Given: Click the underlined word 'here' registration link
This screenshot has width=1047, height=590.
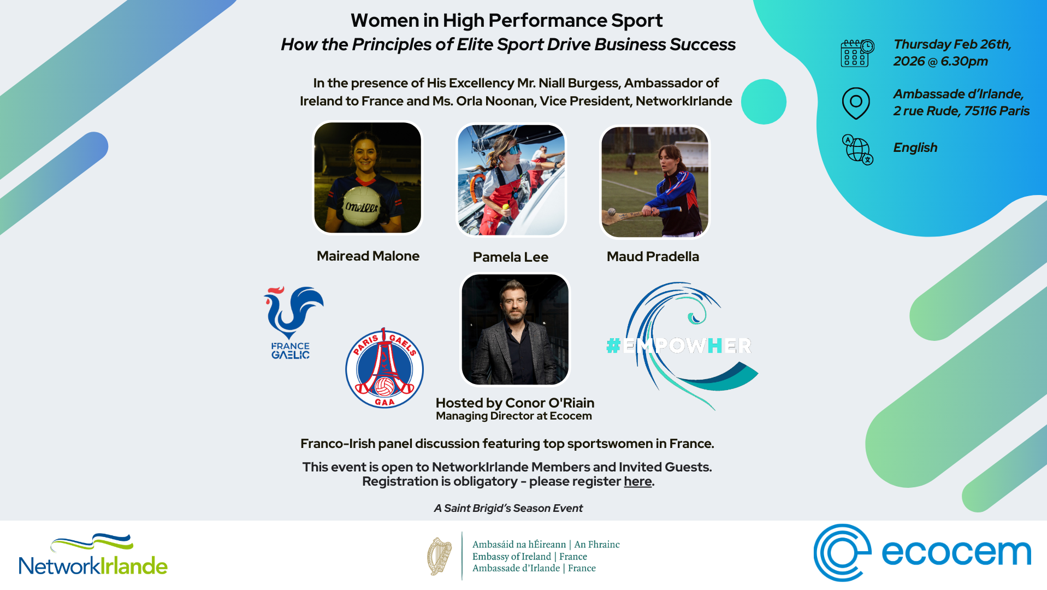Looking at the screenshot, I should pyautogui.click(x=637, y=481).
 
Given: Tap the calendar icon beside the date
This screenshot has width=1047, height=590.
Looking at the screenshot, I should pyautogui.click(x=856, y=53).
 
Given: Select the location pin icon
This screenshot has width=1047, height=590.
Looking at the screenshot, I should pyautogui.click(x=855, y=103).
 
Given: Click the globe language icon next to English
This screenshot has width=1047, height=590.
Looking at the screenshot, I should pyautogui.click(x=857, y=149).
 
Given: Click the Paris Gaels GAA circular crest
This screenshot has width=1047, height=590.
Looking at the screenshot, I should pyautogui.click(x=385, y=368).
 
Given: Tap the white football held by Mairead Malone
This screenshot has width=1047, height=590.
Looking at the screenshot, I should pyautogui.click(x=361, y=206).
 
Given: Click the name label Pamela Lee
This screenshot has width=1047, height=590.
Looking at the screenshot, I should pyautogui.click(x=510, y=257).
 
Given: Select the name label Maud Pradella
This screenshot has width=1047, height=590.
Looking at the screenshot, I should pyautogui.click(x=653, y=256).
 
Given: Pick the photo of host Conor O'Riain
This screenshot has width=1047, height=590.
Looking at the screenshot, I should pyautogui.click(x=514, y=329).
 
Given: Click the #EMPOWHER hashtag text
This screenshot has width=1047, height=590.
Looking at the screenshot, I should pyautogui.click(x=679, y=345).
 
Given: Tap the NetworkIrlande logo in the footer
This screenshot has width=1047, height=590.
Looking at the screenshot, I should pyautogui.click(x=93, y=555).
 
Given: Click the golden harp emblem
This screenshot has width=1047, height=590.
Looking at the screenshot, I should pyautogui.click(x=439, y=556).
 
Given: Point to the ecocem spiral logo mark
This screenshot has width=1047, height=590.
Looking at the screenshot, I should pyautogui.click(x=842, y=552).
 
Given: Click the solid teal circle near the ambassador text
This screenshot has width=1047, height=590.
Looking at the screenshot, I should pyautogui.click(x=764, y=102).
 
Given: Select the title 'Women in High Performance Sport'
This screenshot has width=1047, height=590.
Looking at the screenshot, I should pyautogui.click(x=506, y=20).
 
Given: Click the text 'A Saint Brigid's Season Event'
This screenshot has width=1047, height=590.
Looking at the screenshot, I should pyautogui.click(x=508, y=508).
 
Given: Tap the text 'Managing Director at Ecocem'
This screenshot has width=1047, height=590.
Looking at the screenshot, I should pyautogui.click(x=513, y=416).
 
